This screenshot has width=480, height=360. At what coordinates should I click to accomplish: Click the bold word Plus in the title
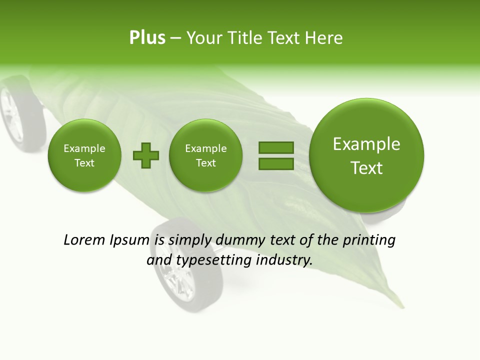[147, 38]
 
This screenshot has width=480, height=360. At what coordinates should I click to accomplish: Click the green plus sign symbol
[145, 155]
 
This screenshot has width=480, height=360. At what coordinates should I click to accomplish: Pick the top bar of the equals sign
[276, 147]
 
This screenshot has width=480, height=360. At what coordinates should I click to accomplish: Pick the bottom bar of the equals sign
[276, 164]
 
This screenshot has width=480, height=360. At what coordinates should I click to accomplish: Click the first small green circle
[84, 155]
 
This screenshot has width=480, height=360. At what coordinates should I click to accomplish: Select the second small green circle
[206, 155]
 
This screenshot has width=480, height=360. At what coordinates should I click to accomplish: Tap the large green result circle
[366, 155]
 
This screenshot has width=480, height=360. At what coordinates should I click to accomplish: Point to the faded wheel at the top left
[20, 112]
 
